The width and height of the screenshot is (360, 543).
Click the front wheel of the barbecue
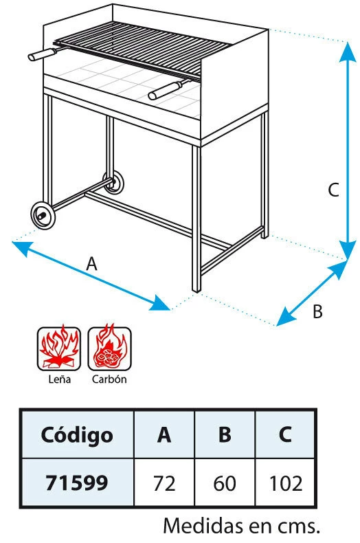coord(43,215)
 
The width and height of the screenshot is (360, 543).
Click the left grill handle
coord(42,54)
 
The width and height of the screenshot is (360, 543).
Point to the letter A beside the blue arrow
coord(92,264)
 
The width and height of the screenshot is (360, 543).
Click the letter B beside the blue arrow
coord(317,311)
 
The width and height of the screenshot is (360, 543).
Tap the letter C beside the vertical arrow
coord(333,190)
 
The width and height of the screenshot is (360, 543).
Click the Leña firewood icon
coord(59,348)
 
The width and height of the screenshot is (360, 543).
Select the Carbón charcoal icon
coord(110,348)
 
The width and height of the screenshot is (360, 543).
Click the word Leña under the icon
coord(59,379)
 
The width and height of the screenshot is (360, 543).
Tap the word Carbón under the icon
coord(109,379)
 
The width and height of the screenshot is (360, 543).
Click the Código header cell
coord(77,435)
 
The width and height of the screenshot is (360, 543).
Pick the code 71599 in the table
coord(77,483)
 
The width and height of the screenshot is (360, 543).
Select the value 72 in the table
coord(164,483)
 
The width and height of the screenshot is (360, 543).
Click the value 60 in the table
coord(225,483)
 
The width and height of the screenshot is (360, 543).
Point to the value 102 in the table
coord(286,483)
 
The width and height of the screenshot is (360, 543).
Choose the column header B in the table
coord(225,434)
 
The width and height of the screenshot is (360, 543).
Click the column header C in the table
coord(285,434)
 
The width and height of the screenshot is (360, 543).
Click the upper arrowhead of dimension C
coord(348,53)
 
